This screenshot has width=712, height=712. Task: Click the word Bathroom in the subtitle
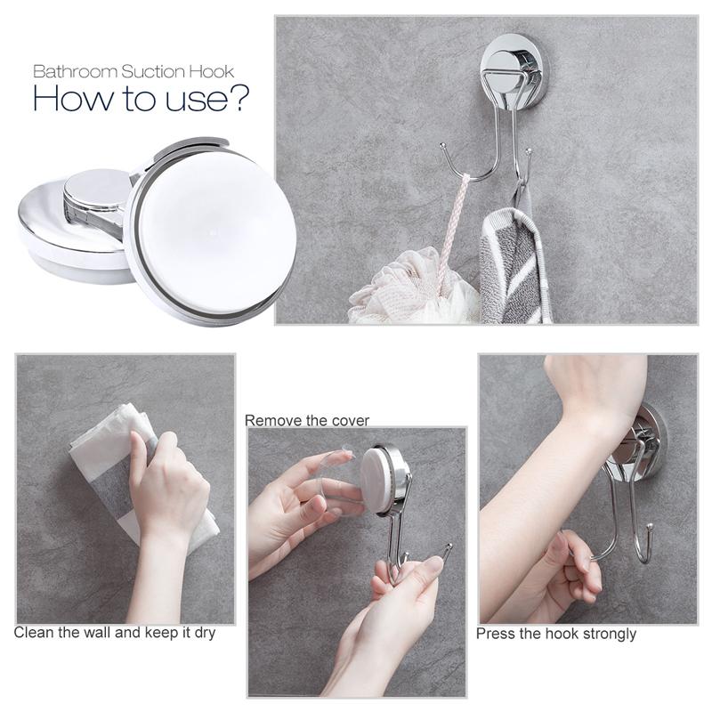[75, 72]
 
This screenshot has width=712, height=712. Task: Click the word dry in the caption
[205, 633]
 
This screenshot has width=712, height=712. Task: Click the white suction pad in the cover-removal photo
[375, 481]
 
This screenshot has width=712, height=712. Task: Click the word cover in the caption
[349, 421]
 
